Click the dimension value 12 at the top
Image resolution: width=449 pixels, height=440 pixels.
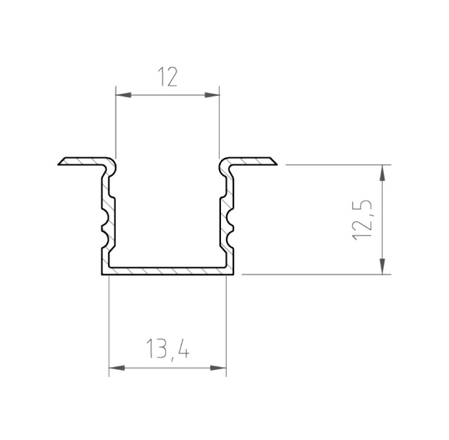pyautogui.click(x=168, y=79)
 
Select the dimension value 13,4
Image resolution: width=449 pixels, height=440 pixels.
pyautogui.click(x=167, y=352)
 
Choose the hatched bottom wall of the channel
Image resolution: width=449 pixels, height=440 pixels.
pyautogui.click(x=167, y=270)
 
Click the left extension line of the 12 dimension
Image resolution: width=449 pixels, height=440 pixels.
pyautogui.click(x=115, y=123)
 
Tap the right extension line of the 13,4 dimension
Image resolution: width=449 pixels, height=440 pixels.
pyautogui.click(x=226, y=325)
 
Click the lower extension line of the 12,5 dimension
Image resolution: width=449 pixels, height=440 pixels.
pyautogui.click(x=312, y=274)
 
